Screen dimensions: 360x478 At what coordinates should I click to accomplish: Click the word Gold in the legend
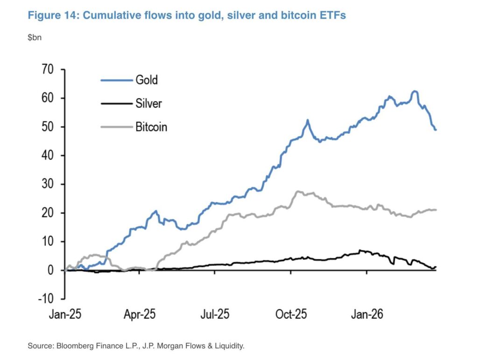point(147,80)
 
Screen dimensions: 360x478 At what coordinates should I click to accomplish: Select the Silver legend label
point(149,103)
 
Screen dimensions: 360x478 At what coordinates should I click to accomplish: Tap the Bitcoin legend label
point(151,126)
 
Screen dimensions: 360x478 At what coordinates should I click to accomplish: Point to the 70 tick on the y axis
point(48,69)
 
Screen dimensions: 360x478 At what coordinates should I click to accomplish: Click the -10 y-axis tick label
point(46,298)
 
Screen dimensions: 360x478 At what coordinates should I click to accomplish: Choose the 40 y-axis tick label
point(48,155)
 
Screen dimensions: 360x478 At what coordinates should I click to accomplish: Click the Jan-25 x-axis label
point(65,314)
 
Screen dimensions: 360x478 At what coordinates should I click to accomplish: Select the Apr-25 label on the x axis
point(140,314)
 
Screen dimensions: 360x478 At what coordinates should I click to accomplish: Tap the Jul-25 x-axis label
point(215,314)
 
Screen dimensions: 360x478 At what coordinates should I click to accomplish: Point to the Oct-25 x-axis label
point(290,314)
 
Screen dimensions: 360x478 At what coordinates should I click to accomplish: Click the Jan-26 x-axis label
point(366,314)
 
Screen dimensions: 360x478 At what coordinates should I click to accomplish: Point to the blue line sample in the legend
point(115,80)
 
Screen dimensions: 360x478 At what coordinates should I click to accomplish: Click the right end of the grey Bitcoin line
point(436,210)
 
